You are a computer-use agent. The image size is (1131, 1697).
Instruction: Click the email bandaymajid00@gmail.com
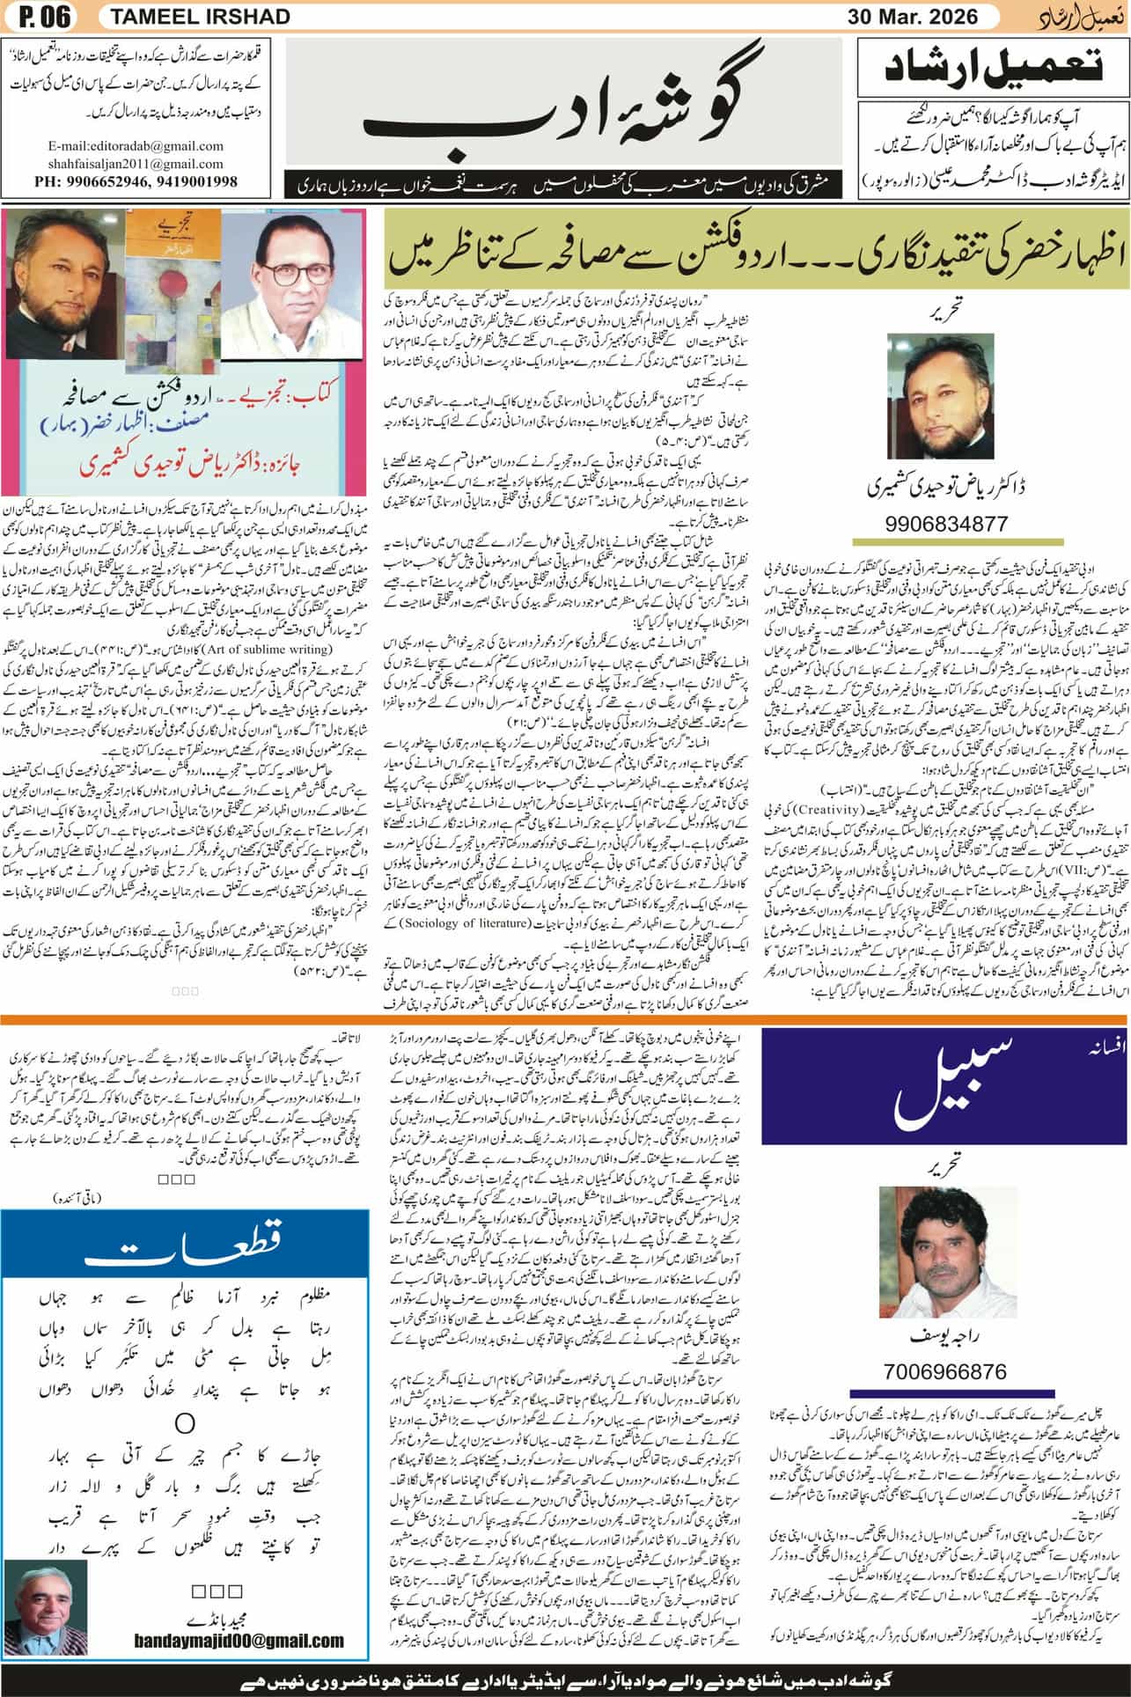click(x=239, y=1641)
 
